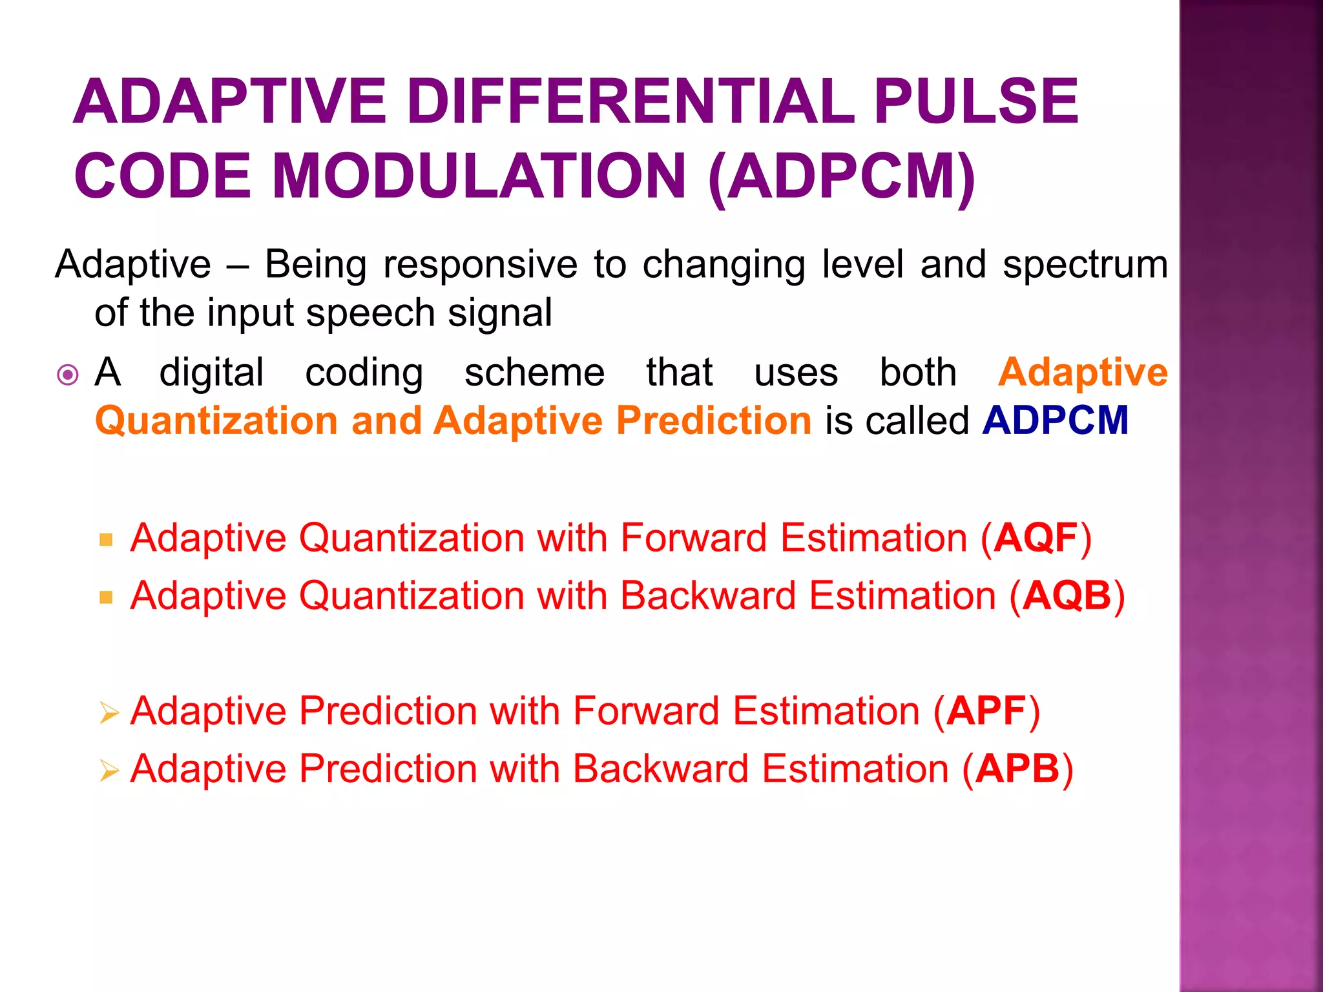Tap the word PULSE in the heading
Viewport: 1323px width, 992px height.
pyautogui.click(x=975, y=101)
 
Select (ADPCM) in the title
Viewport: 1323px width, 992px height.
pyautogui.click(x=842, y=176)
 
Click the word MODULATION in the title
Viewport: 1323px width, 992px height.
pyautogui.click(x=479, y=176)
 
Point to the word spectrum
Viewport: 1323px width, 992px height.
pyautogui.click(x=1085, y=265)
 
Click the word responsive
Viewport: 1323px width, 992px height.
pyautogui.click(x=480, y=265)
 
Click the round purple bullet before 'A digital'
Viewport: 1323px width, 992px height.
pyautogui.click(x=68, y=375)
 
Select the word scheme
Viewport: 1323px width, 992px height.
pyautogui.click(x=534, y=373)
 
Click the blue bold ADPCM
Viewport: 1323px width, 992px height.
pyautogui.click(x=1055, y=420)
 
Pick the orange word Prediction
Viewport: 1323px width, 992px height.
pyautogui.click(x=713, y=420)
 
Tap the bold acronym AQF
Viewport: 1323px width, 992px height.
pyautogui.click(x=1036, y=538)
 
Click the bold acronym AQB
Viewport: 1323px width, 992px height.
pyautogui.click(x=1067, y=595)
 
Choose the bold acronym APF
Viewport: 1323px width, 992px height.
pyautogui.click(x=986, y=711)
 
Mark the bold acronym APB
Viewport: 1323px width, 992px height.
pyautogui.click(x=1017, y=769)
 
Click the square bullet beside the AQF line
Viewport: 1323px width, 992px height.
pyautogui.click(x=107, y=540)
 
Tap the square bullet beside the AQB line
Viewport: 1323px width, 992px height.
pyautogui.click(x=107, y=597)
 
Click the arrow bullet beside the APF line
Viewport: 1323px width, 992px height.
pyautogui.click(x=109, y=713)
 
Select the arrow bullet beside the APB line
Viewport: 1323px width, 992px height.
pyautogui.click(x=109, y=770)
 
